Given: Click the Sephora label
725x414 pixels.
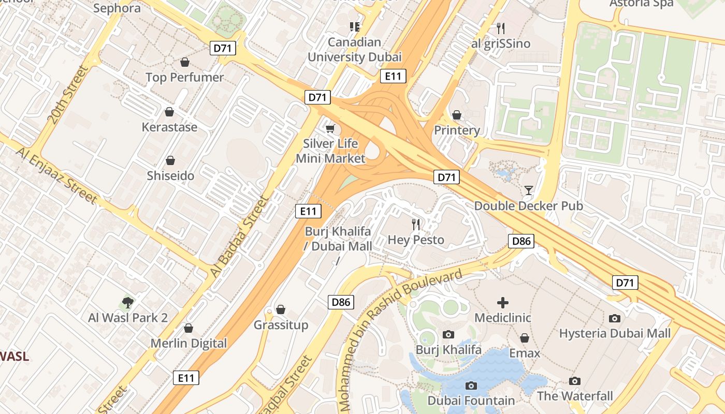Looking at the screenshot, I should (x=117, y=8).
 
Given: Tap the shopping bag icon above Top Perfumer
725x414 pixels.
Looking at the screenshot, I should (x=185, y=63).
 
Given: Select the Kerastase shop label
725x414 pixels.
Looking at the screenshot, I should (x=169, y=127).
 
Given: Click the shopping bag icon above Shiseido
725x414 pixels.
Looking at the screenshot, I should (x=170, y=161).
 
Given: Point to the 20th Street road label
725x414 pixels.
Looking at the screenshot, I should (x=68, y=95).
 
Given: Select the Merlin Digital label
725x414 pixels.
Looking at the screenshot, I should (x=189, y=343).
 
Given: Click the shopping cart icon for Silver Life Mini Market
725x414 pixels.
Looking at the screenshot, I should (x=330, y=128).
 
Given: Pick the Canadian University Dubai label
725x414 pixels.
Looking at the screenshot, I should (x=355, y=50).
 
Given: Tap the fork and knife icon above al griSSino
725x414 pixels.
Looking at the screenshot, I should (x=500, y=28).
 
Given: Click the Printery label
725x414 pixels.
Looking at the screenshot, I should (x=457, y=130).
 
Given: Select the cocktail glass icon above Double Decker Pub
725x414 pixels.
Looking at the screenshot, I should (x=528, y=190).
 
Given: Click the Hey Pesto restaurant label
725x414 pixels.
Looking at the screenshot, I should (x=416, y=240).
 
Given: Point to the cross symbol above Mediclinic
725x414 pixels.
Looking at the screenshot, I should (x=502, y=303).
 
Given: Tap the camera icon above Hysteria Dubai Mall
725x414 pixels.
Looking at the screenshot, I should (x=614, y=318).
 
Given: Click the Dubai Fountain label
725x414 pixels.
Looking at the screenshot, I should (x=471, y=401).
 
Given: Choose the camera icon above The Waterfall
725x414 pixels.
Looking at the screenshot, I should (x=574, y=381).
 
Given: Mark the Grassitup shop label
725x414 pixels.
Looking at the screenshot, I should (x=281, y=325).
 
